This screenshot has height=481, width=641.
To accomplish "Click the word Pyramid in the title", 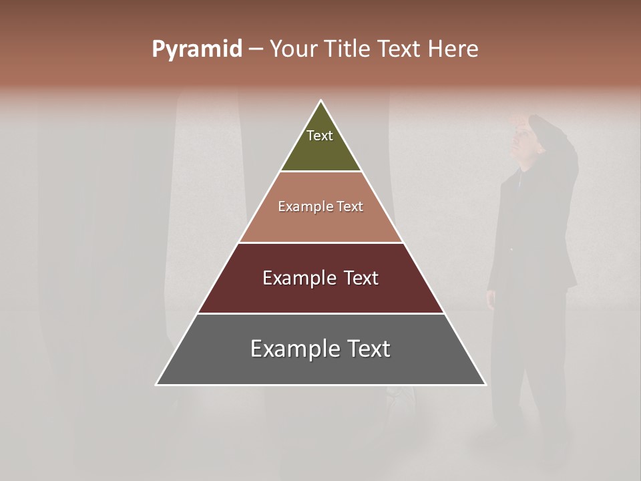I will coord(196,49).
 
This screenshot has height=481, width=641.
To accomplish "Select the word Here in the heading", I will coord(452,49).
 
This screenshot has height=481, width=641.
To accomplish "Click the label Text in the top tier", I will coord(320,136).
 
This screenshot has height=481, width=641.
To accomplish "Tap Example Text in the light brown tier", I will coord(320,206).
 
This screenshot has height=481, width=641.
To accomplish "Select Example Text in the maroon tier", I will coord(320,278).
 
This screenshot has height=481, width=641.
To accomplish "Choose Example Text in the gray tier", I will coord(320,349).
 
